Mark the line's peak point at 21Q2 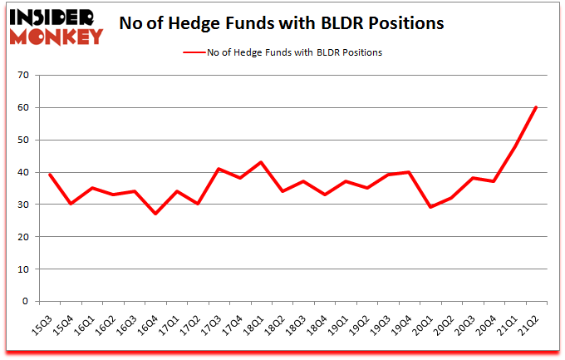[x=536, y=107]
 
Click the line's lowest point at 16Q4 [x=155, y=214]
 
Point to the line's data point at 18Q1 [x=260, y=162]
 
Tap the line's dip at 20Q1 [x=430, y=207]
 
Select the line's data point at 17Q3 [x=218, y=169]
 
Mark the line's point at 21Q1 [x=514, y=146]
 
